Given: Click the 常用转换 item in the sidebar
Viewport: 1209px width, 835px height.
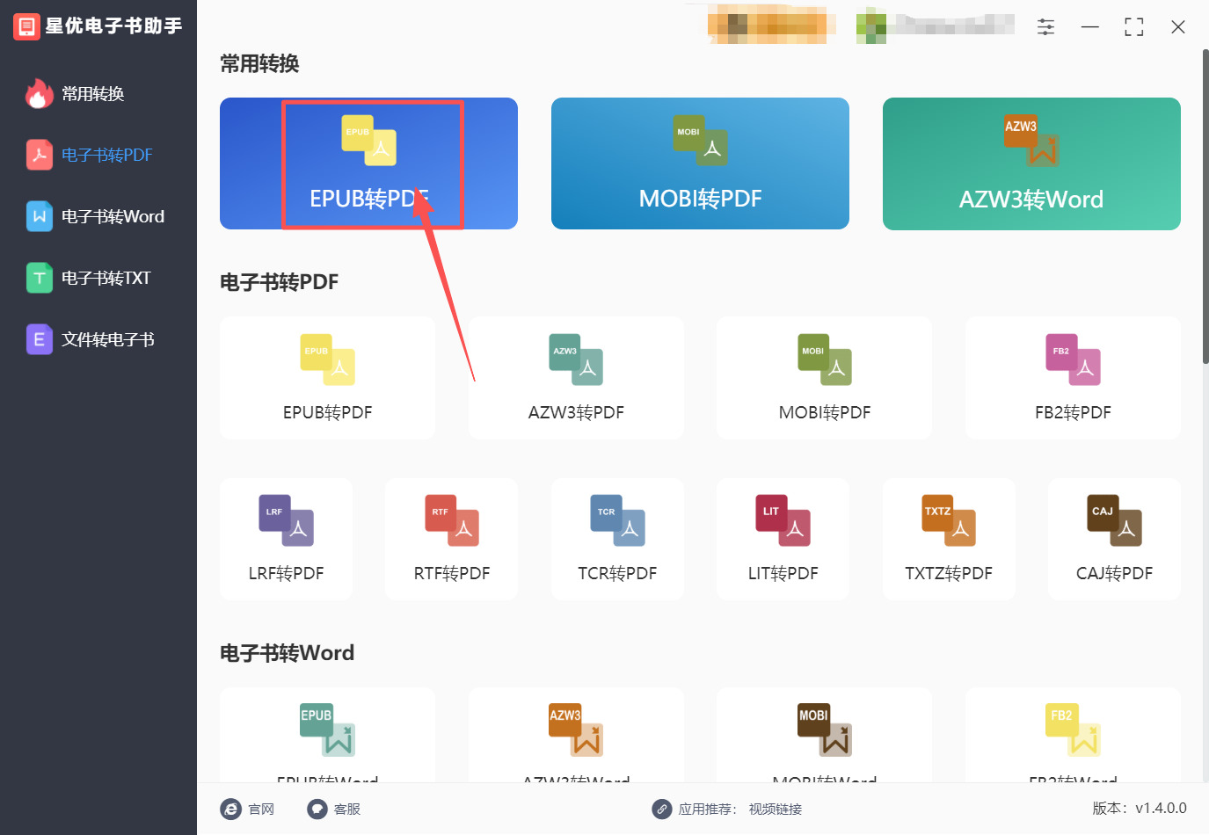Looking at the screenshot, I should (x=92, y=94).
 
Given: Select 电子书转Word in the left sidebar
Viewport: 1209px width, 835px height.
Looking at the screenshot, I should (x=112, y=217).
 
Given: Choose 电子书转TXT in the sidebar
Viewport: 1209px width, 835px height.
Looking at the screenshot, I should (x=106, y=279).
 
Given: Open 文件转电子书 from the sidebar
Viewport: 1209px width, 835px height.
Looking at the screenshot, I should (x=107, y=340).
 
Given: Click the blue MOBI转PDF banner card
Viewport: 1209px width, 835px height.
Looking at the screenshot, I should (x=700, y=163).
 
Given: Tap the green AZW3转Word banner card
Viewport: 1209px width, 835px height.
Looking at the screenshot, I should (x=1031, y=163).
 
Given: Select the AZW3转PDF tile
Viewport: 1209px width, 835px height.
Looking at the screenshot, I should (x=576, y=378).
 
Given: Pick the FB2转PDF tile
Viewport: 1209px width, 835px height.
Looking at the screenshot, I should (x=1073, y=378).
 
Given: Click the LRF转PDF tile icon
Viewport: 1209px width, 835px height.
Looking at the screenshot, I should (x=286, y=521).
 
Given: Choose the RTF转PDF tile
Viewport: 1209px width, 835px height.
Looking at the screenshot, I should (x=452, y=539).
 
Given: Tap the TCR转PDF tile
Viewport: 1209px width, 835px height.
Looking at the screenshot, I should (x=617, y=539).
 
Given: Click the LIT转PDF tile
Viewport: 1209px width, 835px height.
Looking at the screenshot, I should (x=783, y=539).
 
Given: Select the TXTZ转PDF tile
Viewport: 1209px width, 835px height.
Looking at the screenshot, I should (x=949, y=539).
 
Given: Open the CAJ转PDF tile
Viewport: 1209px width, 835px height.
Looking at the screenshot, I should (x=1114, y=539).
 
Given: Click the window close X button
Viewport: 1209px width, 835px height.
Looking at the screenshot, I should (x=1178, y=27).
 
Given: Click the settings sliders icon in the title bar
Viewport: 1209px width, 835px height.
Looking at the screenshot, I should (x=1045, y=27).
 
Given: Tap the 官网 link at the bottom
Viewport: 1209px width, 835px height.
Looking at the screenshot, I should (x=249, y=809).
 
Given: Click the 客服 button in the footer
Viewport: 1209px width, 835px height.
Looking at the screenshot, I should (x=335, y=809).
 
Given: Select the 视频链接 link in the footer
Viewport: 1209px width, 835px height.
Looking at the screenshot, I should (x=776, y=809).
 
